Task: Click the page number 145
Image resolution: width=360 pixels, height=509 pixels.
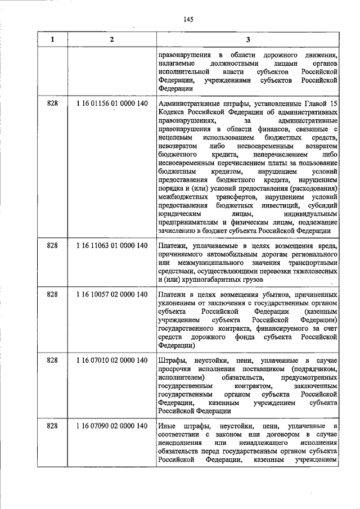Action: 188,20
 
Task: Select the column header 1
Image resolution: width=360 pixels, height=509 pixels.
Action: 53,39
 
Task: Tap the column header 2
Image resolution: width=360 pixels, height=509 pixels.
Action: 111,39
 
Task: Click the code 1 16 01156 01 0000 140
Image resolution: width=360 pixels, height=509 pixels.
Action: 111,104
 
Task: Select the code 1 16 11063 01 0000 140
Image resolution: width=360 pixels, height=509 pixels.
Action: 111,245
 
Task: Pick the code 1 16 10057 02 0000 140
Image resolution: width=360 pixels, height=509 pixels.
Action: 111,295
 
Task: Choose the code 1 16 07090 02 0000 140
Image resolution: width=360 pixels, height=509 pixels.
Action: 111,427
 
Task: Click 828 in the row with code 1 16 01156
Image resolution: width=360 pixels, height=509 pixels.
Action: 53,104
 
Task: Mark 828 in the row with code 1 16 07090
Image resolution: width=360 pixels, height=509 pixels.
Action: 53,427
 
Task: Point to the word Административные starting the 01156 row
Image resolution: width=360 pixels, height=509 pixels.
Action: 190,104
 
